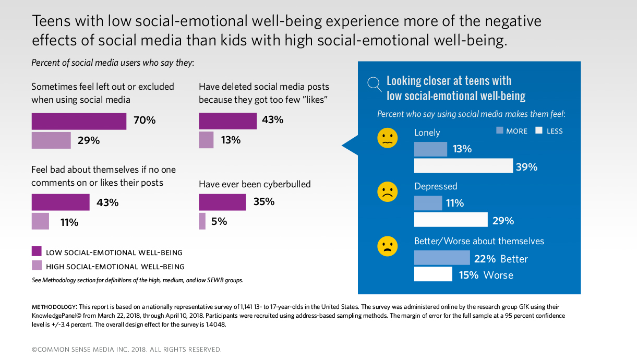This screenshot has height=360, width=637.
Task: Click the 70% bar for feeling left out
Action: click(79, 121)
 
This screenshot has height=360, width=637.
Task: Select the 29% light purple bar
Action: click(51, 140)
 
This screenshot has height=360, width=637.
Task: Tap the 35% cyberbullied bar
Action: click(222, 202)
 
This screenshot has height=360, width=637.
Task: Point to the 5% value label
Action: click(219, 221)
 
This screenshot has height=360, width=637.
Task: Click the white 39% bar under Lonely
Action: click(463, 166)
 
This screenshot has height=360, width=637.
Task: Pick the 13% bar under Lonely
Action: click(430, 149)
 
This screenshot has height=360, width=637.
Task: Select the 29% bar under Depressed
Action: click(451, 220)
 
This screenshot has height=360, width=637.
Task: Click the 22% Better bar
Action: click(442, 258)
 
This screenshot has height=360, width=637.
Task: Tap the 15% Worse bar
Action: click(433, 274)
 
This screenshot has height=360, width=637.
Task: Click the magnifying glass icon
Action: click(374, 83)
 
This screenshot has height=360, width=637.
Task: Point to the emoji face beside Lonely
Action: click(387, 138)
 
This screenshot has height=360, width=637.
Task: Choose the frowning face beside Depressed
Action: click(387, 191)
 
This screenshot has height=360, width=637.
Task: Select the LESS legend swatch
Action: click(539, 130)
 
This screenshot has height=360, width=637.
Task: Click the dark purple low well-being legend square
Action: click(37, 252)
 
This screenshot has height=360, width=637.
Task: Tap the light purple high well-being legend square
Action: click(37, 266)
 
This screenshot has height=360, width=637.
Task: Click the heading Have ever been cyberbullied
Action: click(255, 184)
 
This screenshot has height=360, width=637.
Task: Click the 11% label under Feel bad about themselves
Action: click(69, 222)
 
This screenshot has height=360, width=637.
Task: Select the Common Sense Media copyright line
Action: click(126, 349)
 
